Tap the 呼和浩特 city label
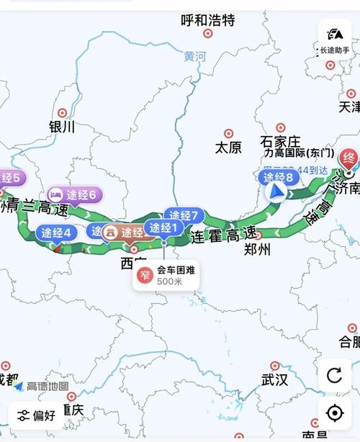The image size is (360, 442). [207, 20]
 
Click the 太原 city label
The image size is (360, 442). [228, 147]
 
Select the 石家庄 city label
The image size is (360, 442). [280, 140]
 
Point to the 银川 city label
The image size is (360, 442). [62, 126]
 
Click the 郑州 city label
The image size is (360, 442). [257, 250]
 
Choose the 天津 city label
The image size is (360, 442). [349, 107]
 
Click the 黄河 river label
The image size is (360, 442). [194, 56]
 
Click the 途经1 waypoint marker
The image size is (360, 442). [163, 229]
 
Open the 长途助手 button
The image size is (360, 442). [334, 39]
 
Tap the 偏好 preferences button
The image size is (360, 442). [37, 415]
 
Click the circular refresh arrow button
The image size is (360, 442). [334, 375]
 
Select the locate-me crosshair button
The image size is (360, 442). [334, 412]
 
